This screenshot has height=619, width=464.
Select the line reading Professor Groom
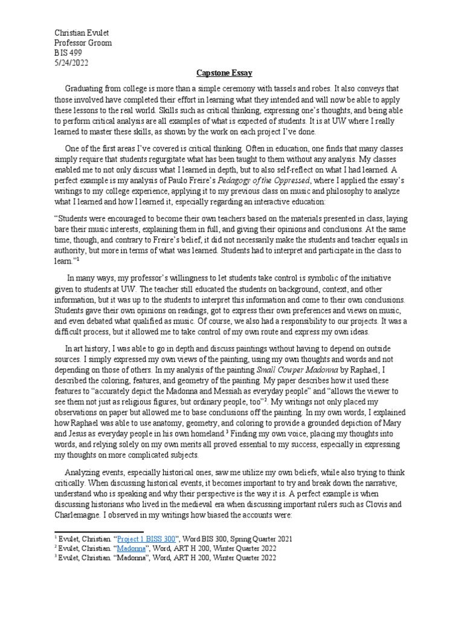click(x=83, y=43)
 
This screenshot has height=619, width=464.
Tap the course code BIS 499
click(x=68, y=53)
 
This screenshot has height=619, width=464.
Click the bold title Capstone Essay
click(x=233, y=73)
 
